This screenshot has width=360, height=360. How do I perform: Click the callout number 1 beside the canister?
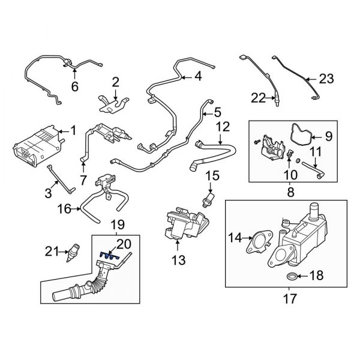tap(74, 130)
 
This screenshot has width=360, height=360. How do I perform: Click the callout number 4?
tap(199, 76)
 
